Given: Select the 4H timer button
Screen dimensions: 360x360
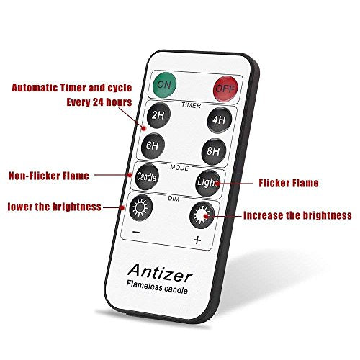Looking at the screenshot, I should pos(217,120).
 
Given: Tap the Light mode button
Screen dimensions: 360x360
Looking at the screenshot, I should pos(205,183).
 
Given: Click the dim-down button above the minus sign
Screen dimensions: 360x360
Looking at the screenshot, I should pos(140,208).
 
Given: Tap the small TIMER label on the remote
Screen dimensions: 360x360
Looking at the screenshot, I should pos(191,105).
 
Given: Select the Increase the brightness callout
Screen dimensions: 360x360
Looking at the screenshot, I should pos(297,215).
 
